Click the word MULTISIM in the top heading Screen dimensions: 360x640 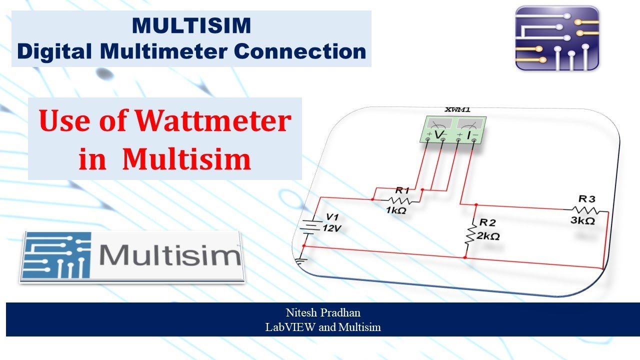(191, 26)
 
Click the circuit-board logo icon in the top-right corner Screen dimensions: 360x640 (557, 37)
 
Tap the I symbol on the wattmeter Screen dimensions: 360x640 (469, 135)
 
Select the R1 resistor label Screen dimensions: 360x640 (402, 190)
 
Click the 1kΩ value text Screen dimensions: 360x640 (396, 210)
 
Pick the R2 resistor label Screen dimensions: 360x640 (487, 222)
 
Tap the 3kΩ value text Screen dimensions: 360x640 (582, 220)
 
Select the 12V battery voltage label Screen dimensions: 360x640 (332, 228)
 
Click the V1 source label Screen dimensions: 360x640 (332, 217)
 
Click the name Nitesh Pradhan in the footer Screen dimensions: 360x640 (323, 313)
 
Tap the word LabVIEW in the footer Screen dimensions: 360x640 (289, 327)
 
